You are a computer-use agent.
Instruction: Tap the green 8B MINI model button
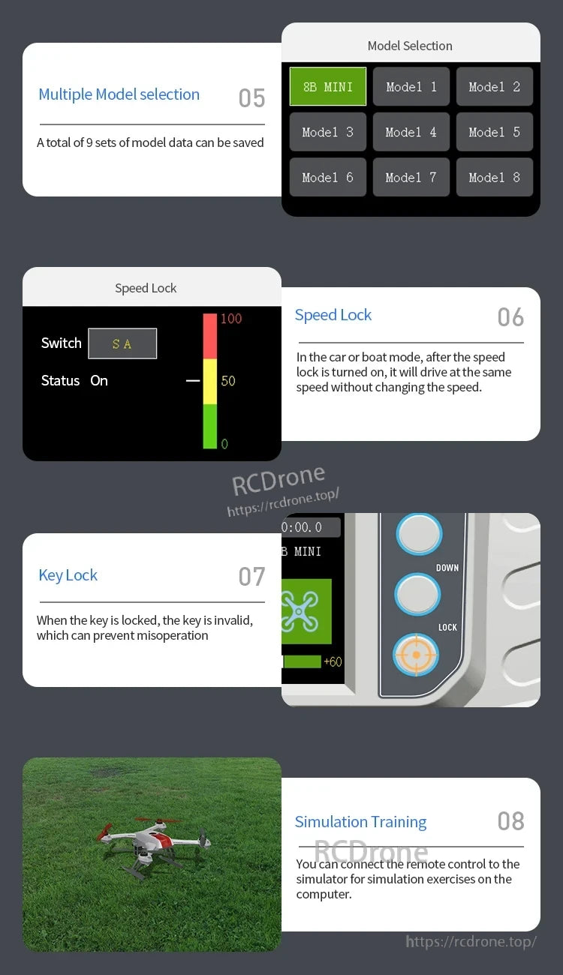(328, 86)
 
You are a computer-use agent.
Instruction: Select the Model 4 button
(411, 132)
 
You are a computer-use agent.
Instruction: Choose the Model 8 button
(495, 177)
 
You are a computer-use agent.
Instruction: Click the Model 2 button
(495, 86)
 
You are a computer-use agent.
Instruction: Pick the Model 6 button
(328, 177)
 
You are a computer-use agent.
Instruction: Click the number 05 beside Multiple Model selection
(251, 98)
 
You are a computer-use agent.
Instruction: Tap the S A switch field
(122, 343)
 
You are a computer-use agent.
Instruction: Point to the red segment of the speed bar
(210, 336)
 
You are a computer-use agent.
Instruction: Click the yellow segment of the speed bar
(210, 381)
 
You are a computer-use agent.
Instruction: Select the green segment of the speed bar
(210, 426)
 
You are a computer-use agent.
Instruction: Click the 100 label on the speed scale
(231, 319)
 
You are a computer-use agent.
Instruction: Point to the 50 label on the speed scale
(228, 381)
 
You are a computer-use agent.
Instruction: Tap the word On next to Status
(99, 381)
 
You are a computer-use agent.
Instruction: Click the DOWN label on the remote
(447, 568)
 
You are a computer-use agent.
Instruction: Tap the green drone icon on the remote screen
(306, 611)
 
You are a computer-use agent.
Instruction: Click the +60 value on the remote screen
(333, 661)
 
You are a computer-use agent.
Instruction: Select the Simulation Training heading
(360, 822)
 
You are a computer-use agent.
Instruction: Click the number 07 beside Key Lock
(251, 576)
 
